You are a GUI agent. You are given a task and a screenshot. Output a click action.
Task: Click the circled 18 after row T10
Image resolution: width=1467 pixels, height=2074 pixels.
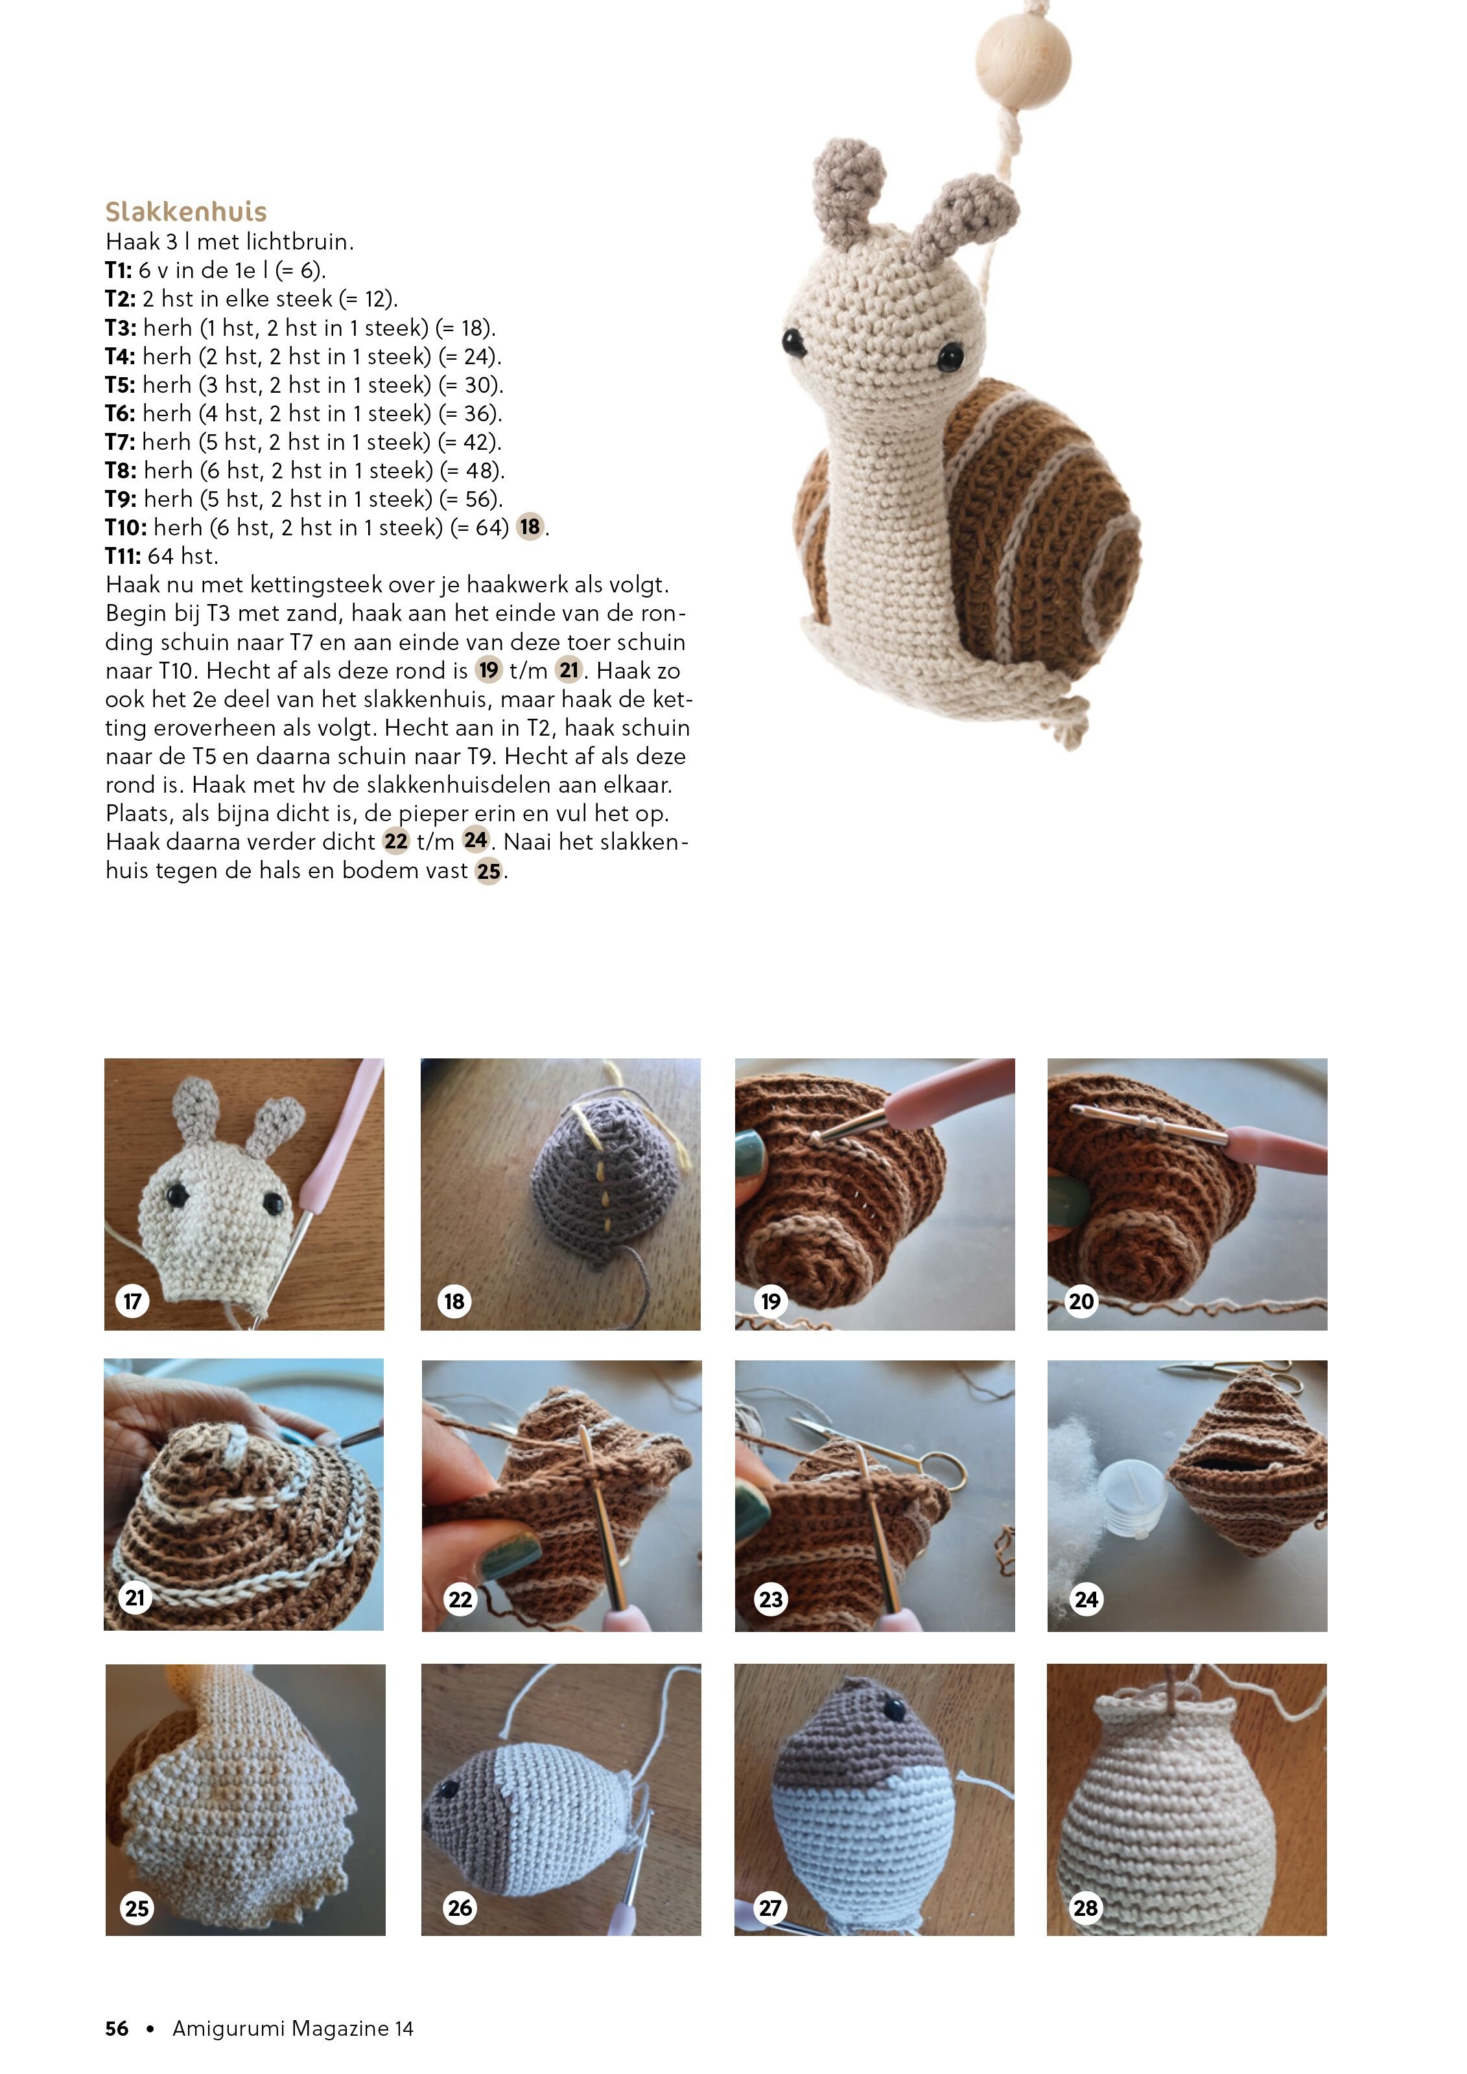[x=530, y=527]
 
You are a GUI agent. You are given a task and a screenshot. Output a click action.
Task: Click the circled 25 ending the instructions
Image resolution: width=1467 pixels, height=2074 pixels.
[x=489, y=871]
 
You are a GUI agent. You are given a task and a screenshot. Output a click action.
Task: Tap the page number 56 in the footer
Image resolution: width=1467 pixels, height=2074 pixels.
[x=117, y=2028]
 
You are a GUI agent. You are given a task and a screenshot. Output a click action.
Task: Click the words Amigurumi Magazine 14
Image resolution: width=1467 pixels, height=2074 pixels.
[x=292, y=2028]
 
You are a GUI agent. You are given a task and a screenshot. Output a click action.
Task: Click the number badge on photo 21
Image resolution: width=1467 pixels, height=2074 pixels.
[x=135, y=1598]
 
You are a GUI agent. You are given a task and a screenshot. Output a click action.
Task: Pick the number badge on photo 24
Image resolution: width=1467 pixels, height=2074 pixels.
[x=1086, y=1600]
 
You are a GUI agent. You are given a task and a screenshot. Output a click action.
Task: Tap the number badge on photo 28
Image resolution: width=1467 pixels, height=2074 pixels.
[x=1085, y=1908]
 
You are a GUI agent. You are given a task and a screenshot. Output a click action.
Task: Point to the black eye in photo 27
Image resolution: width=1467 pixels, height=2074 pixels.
[x=895, y=1709]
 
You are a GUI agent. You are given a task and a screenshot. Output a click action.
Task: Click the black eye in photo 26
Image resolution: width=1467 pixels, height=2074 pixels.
[x=448, y=1789]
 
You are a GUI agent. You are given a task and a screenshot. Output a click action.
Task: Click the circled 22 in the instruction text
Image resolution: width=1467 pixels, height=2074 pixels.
[x=395, y=842]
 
